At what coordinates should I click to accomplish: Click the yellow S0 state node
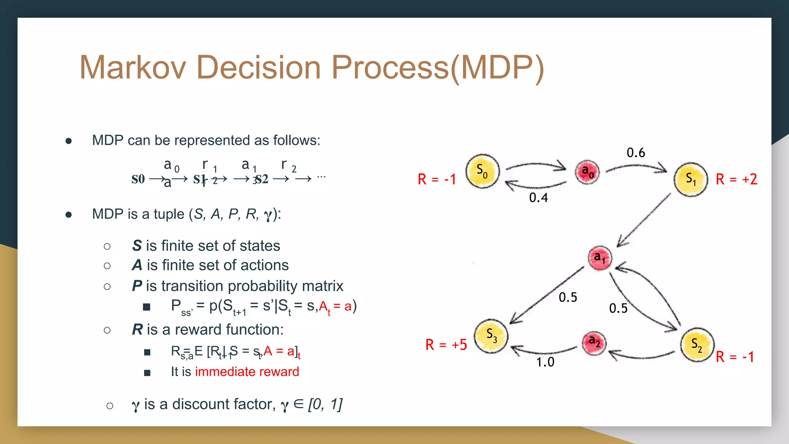tap(482, 172)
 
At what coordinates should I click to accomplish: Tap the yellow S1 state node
tap(691, 180)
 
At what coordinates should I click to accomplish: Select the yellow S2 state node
tap(697, 345)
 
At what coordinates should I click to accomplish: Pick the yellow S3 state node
tap(491, 336)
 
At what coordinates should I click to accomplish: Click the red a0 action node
tap(587, 172)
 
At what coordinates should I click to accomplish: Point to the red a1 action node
tap(599, 258)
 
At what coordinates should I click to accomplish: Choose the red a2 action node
tap(594, 342)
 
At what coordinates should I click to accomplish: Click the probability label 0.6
tap(636, 153)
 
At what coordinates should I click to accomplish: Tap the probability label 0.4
tap(538, 198)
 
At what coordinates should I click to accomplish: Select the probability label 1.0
tap(545, 362)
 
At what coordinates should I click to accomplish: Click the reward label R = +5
tap(446, 345)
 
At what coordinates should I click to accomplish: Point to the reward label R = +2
tap(736, 179)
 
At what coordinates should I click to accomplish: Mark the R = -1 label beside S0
tap(436, 179)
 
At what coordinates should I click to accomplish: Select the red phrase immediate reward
tap(247, 372)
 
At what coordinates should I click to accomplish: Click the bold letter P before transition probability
tap(137, 286)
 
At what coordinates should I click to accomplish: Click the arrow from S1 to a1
tap(643, 220)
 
